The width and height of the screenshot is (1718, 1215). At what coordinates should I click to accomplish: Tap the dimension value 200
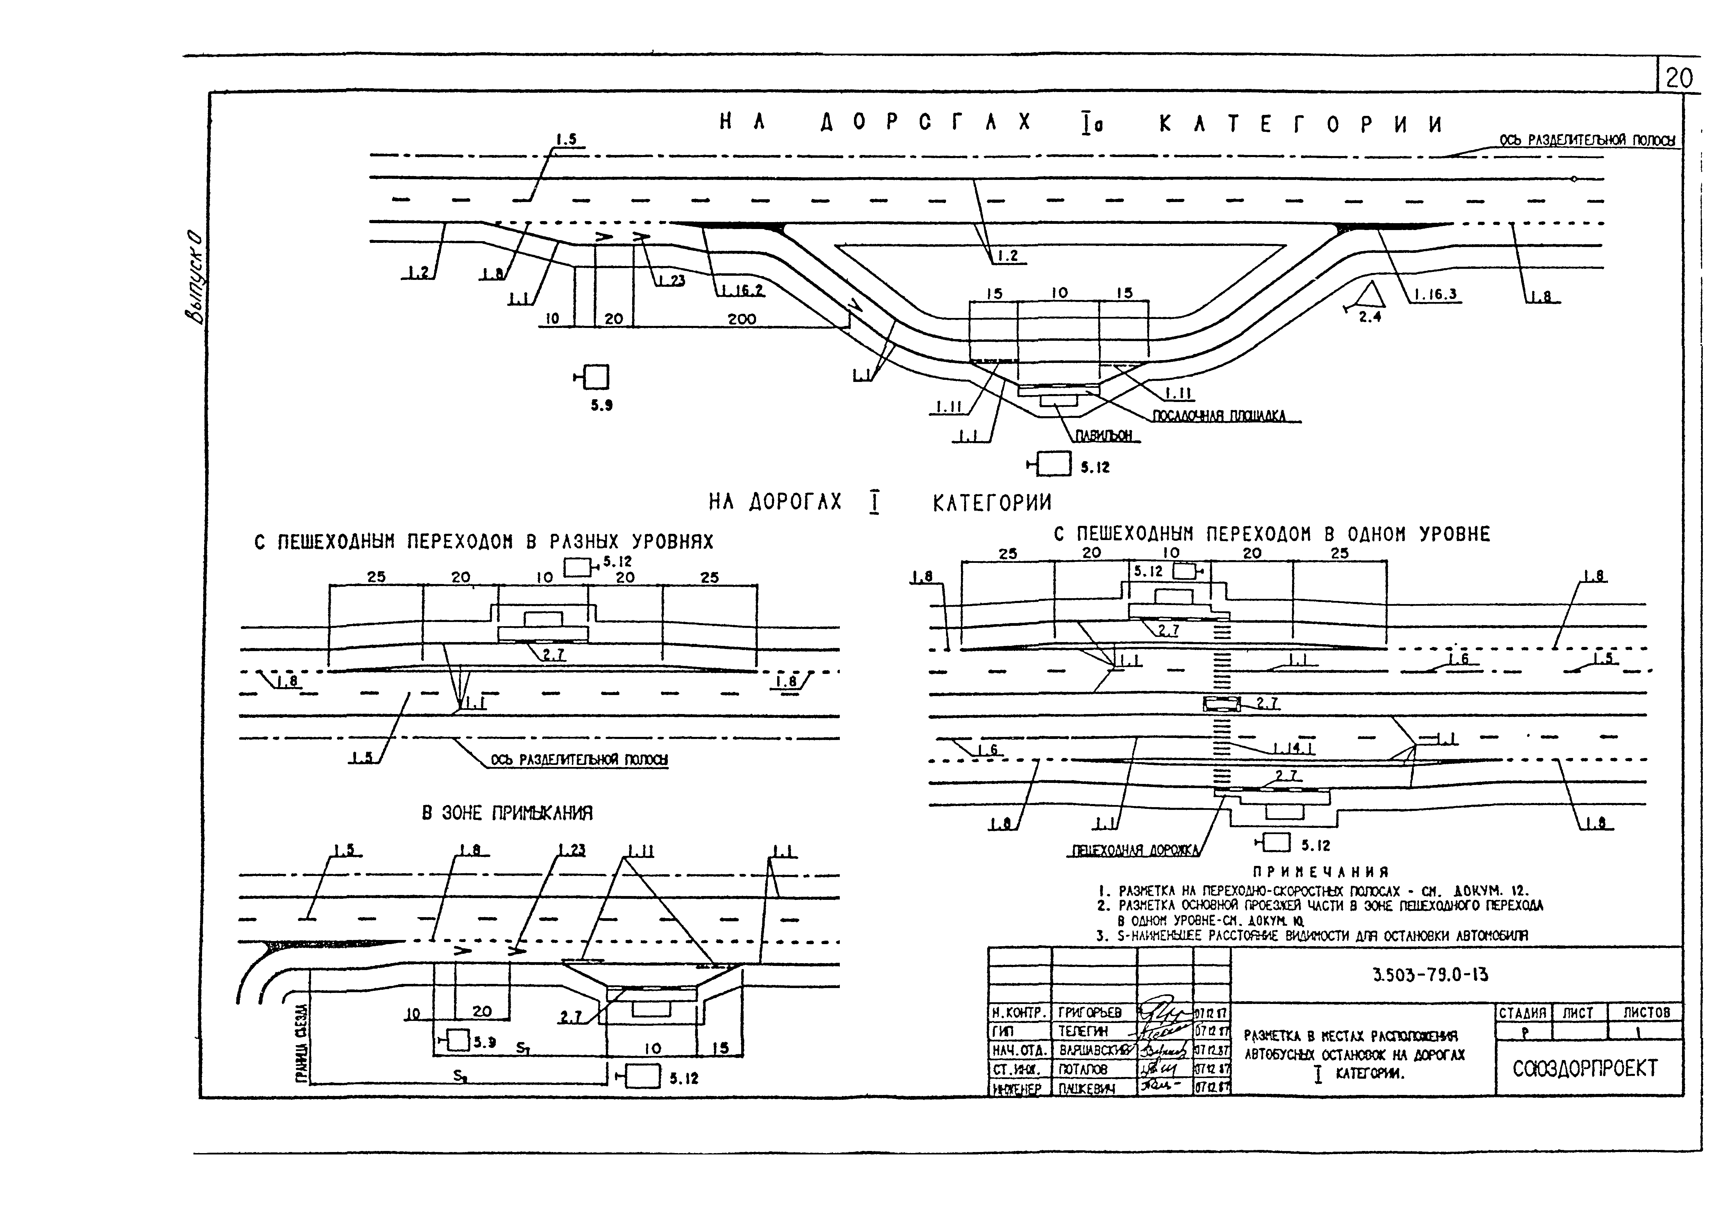pyautogui.click(x=742, y=319)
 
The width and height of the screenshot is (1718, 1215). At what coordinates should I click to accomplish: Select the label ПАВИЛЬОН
pyautogui.click(x=1104, y=436)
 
